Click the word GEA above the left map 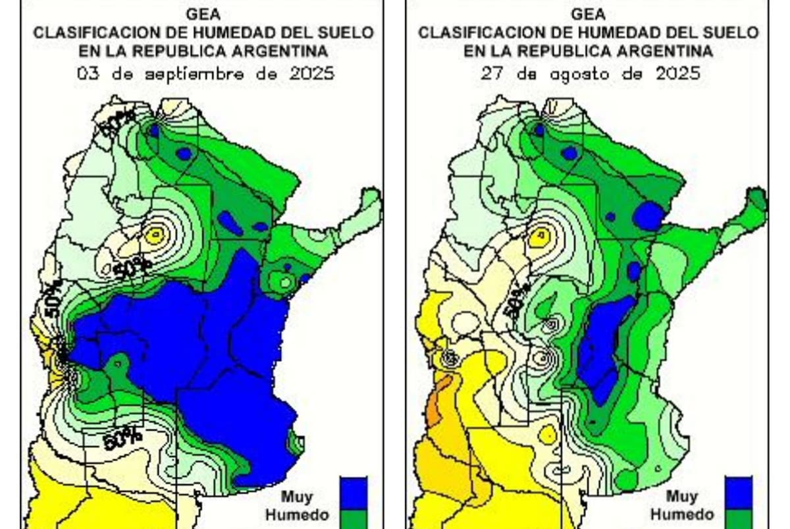pyautogui.click(x=203, y=14)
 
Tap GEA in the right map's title pyautogui.click(x=588, y=14)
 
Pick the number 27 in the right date pyautogui.click(x=488, y=74)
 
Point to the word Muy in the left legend pyautogui.click(x=297, y=496)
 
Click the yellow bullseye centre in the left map pyautogui.click(x=156, y=233)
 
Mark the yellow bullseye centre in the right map pyautogui.click(x=541, y=233)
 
